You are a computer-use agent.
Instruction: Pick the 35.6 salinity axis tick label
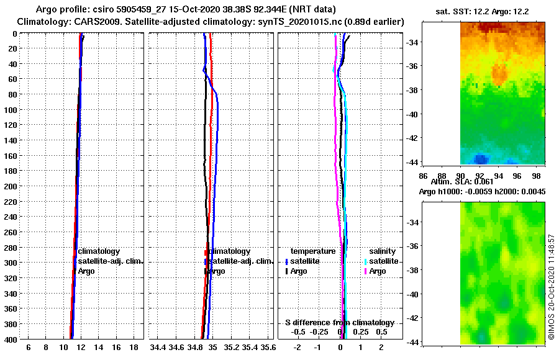coord(268,348)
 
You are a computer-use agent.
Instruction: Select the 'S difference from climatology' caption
coord(340,323)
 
